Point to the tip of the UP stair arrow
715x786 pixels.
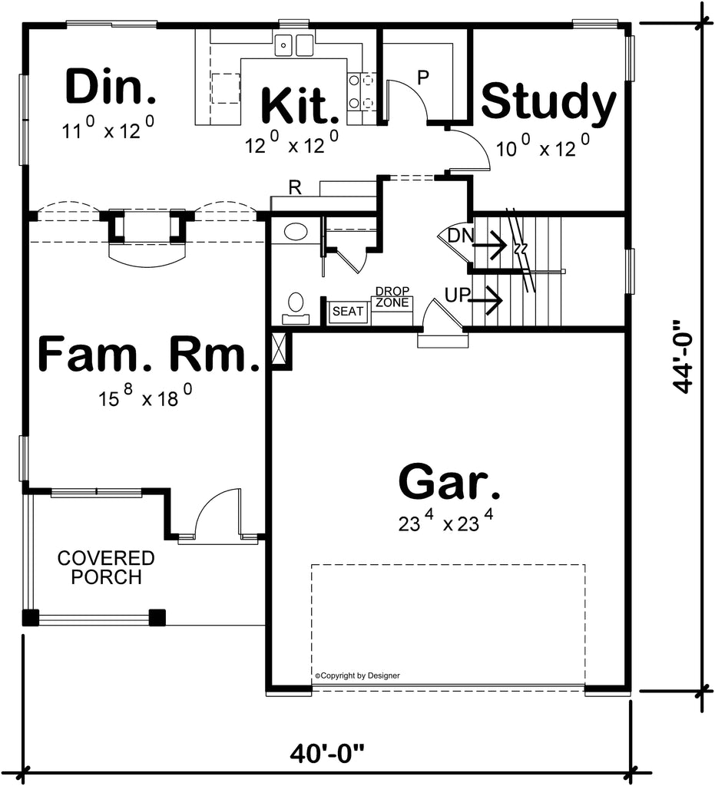tap(502, 300)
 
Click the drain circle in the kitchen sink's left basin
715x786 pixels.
tap(283, 45)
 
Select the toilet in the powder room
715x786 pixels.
tap(296, 309)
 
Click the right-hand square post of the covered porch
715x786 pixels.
tap(157, 617)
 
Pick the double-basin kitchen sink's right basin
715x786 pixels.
tap(304, 45)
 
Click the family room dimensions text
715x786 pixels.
tap(145, 396)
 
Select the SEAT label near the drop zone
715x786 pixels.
tap(347, 312)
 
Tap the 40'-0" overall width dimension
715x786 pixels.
tap(327, 754)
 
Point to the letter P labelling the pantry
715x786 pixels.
tap(423, 78)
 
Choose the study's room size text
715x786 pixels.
tap(542, 146)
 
